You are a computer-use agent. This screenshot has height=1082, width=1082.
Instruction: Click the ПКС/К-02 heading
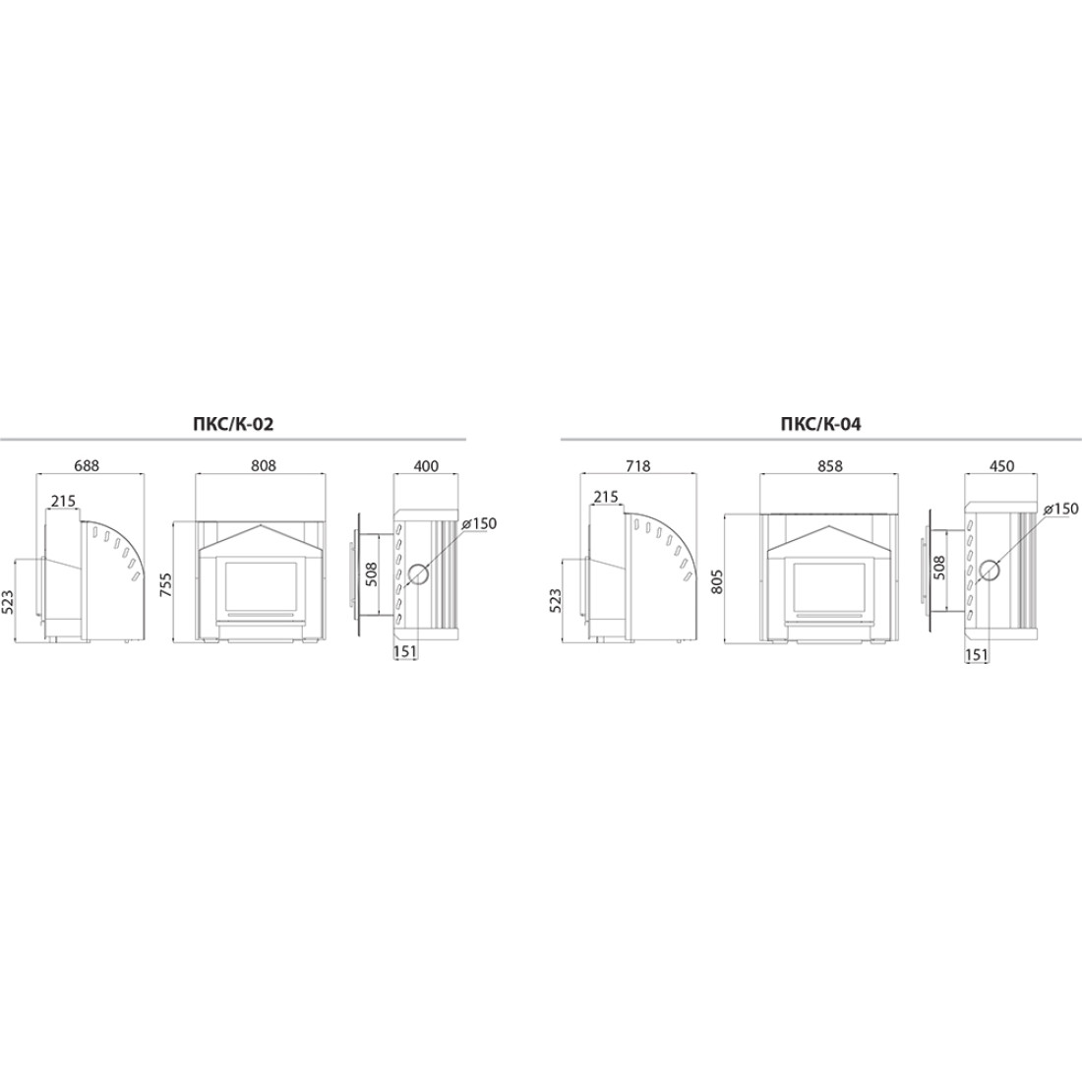233,424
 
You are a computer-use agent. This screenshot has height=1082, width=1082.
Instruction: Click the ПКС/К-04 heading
820,424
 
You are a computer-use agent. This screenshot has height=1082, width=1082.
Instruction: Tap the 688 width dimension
87,466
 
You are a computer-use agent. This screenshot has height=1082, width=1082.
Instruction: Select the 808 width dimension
263,466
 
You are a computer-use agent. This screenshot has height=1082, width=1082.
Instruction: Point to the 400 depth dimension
426,466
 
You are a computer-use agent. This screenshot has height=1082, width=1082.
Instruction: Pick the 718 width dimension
637,466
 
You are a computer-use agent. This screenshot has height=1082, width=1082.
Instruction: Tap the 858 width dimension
829,466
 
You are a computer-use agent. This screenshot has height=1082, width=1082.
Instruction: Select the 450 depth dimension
1001,466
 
